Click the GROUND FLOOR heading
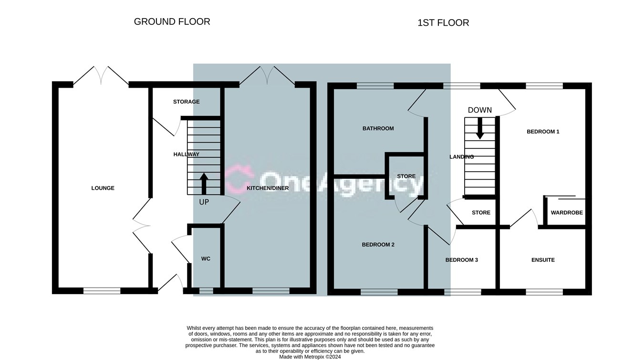tap(172, 21)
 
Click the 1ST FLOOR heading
tap(443, 23)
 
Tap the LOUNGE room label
tap(103, 188)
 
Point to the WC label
tap(206, 259)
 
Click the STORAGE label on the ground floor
tap(186, 102)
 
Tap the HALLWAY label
tap(186, 154)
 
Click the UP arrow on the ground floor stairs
tap(204, 184)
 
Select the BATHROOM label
tap(378, 128)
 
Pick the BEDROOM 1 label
tap(543, 132)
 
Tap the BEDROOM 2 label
tap(378, 245)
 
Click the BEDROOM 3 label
tap(461, 260)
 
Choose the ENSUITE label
tap(543, 260)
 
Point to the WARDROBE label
tap(567, 213)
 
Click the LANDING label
tap(461, 157)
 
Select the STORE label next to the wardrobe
tap(481, 213)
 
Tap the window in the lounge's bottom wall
tap(102, 291)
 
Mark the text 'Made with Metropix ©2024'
tap(310, 357)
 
